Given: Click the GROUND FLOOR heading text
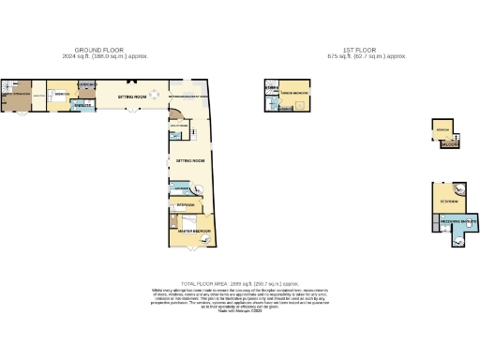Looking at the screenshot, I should click(100, 51).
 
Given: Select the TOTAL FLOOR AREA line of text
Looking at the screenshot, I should click(239, 282).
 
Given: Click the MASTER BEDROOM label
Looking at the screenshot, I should click(195, 231).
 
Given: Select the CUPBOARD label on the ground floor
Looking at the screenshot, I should click(88, 85).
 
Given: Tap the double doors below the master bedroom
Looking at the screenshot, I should click(193, 251).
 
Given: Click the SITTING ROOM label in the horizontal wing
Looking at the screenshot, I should click(133, 95).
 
